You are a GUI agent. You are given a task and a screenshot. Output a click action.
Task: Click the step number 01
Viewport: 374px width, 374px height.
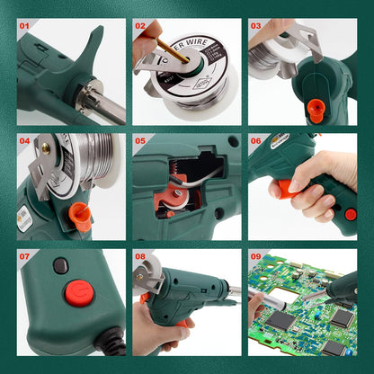coord(24,25)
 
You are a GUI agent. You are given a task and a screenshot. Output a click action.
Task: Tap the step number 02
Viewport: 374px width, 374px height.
coord(140,25)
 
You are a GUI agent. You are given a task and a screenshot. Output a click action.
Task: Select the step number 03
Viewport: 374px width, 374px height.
coord(256,25)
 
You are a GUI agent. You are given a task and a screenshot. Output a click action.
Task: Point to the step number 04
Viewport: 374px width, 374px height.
coord(24,141)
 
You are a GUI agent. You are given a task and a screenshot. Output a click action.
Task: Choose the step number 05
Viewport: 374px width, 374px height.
coord(140,141)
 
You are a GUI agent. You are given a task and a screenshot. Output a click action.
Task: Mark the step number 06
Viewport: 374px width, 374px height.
coord(256,141)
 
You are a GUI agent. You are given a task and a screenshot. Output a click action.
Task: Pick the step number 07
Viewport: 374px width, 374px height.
coord(24,256)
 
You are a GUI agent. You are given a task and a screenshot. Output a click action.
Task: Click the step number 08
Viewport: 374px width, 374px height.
coord(140,256)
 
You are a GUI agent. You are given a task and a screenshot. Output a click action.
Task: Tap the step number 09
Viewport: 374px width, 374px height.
coord(256,256)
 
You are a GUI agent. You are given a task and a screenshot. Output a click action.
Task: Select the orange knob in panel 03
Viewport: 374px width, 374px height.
coord(315,108)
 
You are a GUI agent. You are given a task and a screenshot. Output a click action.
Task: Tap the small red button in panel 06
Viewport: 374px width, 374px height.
coord(351,215)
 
